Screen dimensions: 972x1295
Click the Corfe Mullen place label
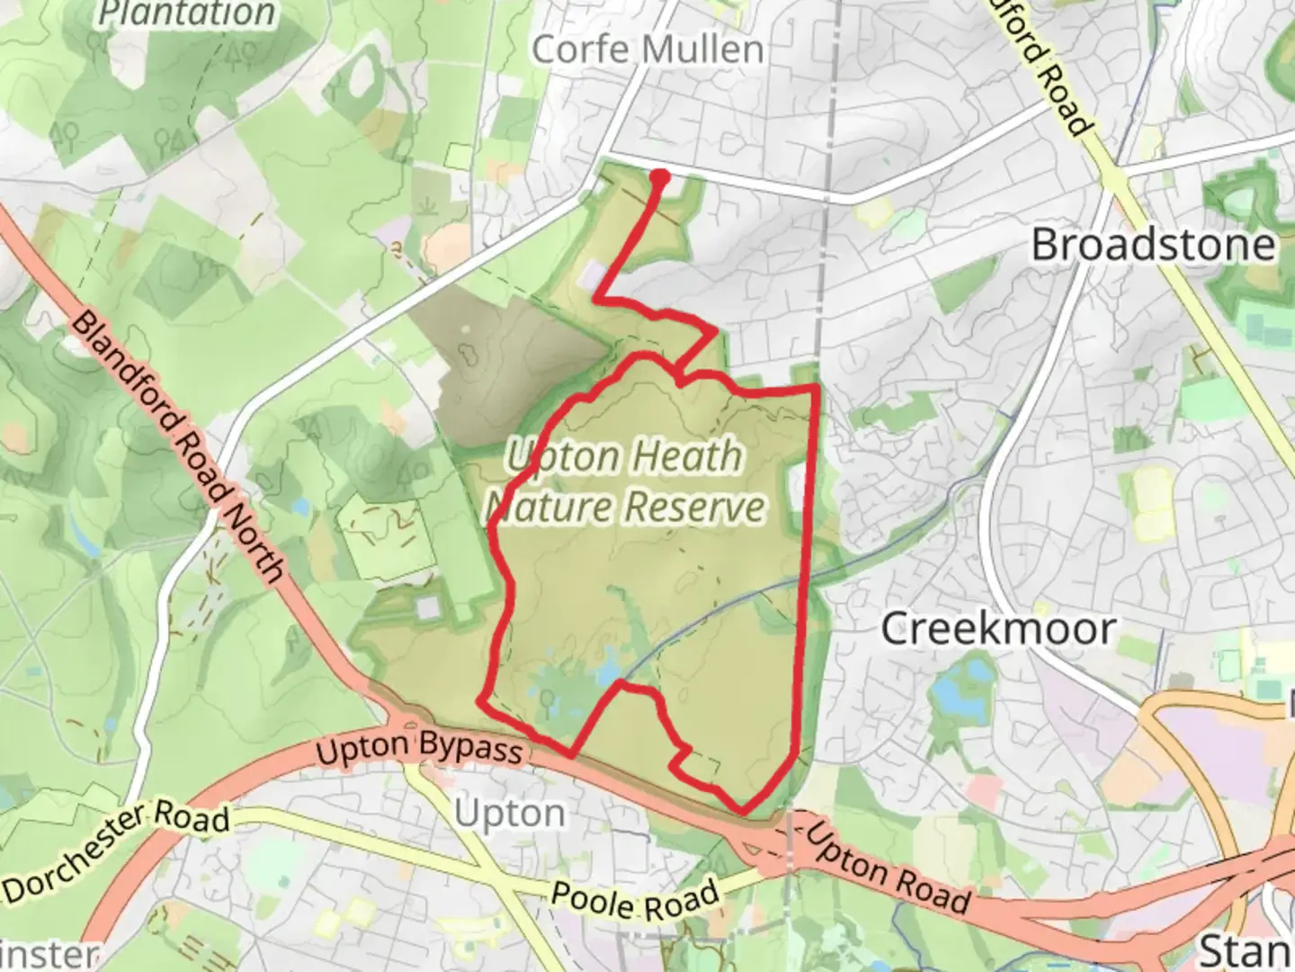(647, 49)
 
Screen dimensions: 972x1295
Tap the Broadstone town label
(1153, 245)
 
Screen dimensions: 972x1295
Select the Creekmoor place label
(998, 628)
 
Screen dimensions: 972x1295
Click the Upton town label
(509, 814)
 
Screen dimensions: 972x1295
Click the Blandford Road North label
(178, 445)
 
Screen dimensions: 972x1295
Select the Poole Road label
(635, 898)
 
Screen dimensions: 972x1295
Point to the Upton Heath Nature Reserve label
(626, 481)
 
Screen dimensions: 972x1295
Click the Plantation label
(186, 13)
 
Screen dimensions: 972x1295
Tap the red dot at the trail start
(660, 177)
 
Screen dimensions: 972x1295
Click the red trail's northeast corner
(816, 387)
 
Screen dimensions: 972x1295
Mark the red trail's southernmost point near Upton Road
(743, 811)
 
